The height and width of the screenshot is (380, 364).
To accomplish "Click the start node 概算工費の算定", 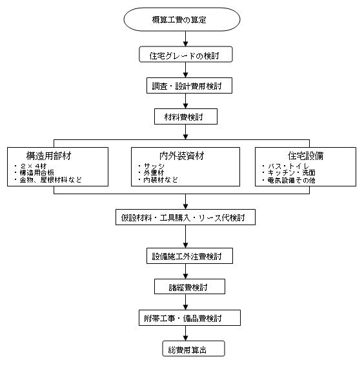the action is [x=182, y=19].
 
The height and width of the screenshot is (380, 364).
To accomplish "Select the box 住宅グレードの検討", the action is [x=186, y=55].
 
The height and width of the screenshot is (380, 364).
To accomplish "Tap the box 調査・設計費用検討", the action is [x=189, y=86].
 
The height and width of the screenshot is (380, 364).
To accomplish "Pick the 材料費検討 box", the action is [x=186, y=117].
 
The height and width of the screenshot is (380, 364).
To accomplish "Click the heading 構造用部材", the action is [x=49, y=156].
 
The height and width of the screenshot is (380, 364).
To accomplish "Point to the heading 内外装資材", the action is [x=182, y=156].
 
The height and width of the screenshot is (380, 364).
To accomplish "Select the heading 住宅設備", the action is [x=305, y=156].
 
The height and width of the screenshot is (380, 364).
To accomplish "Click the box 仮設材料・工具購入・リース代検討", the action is [x=185, y=217].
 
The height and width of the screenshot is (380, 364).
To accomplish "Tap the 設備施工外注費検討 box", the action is [x=190, y=255].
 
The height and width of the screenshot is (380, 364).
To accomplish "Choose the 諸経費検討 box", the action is [x=190, y=286].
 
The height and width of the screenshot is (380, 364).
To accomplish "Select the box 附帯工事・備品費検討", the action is [x=190, y=317].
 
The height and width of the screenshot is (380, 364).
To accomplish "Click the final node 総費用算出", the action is [x=194, y=348].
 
